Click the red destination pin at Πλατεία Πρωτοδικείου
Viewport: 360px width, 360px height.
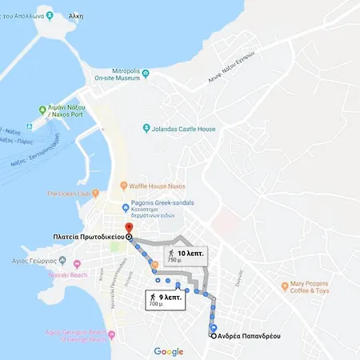pos(129,228)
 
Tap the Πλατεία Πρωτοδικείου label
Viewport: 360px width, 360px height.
pos(83,238)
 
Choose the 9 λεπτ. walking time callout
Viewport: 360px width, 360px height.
pos(166,300)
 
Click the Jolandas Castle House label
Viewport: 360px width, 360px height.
pos(185,128)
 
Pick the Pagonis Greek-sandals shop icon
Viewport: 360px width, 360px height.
pos(126,207)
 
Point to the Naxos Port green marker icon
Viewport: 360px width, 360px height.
pos(42,110)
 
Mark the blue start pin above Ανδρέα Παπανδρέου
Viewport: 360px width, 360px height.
pos(213,328)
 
